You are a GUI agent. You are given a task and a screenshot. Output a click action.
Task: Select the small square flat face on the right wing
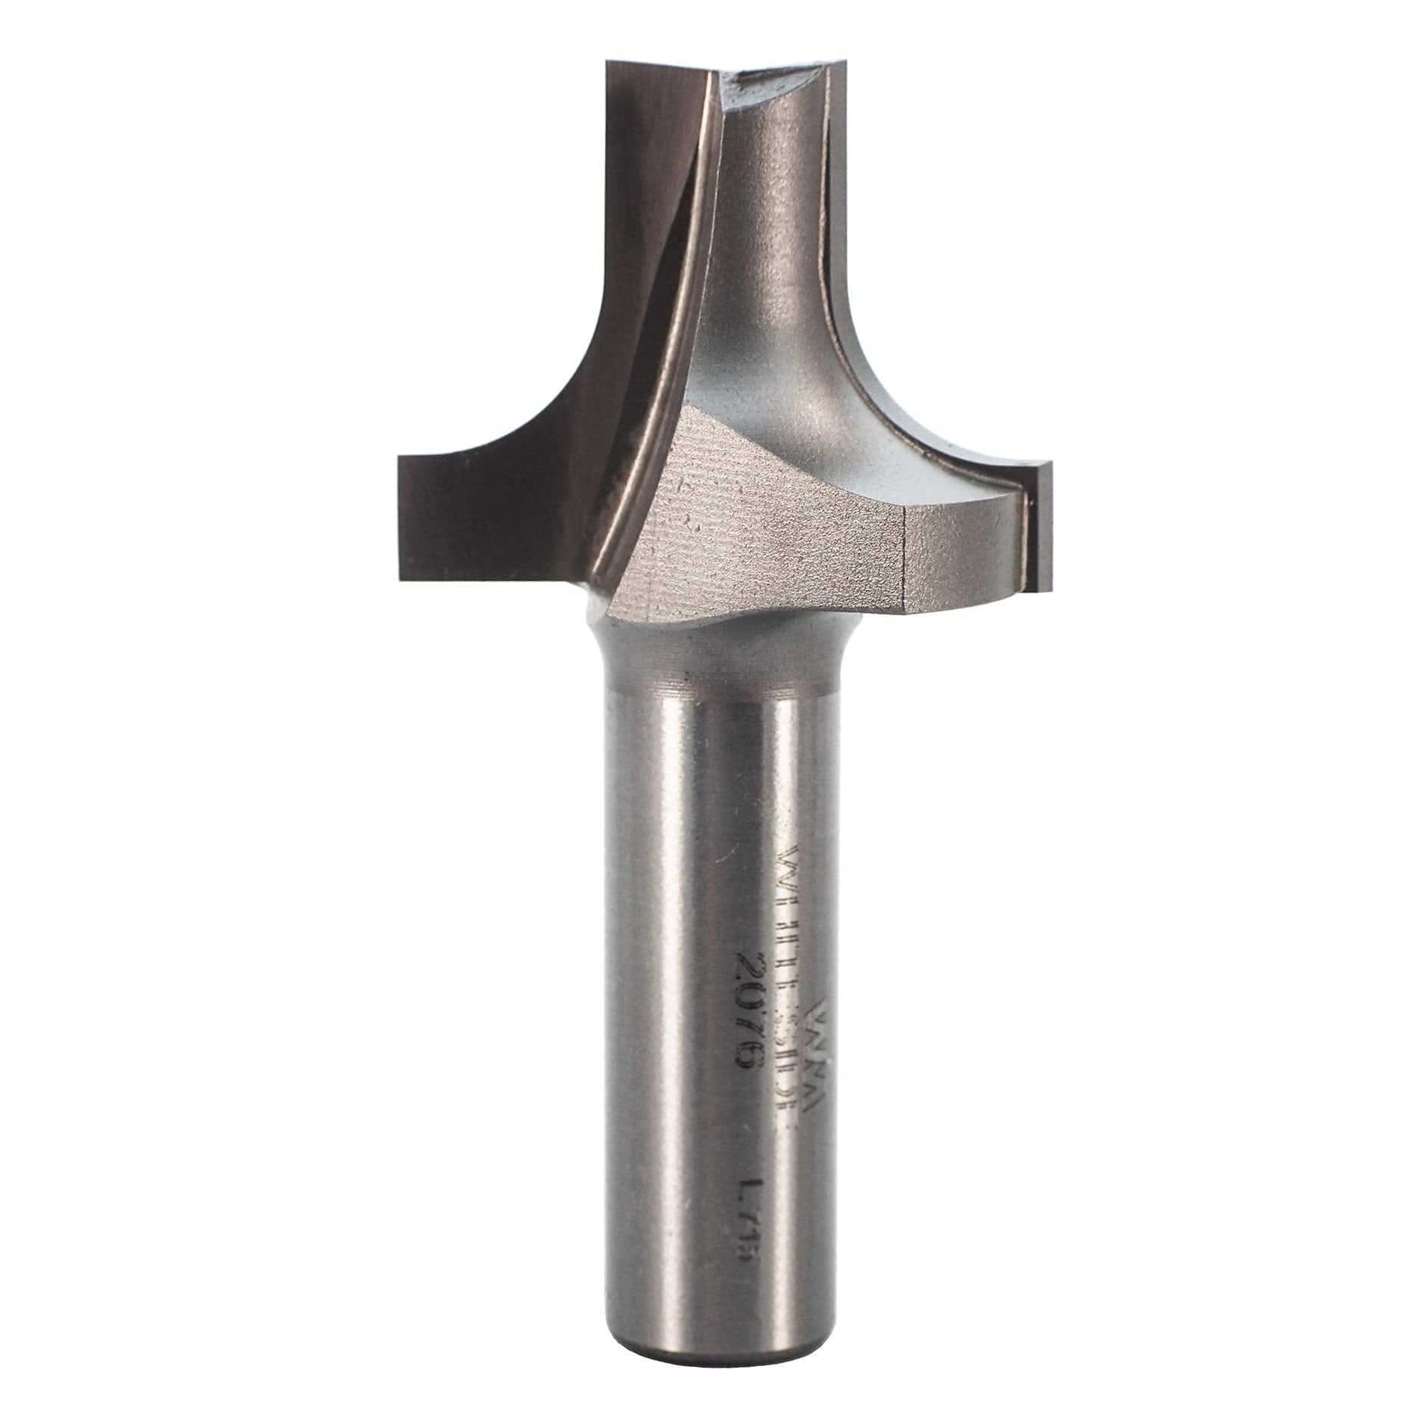(961, 553)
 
